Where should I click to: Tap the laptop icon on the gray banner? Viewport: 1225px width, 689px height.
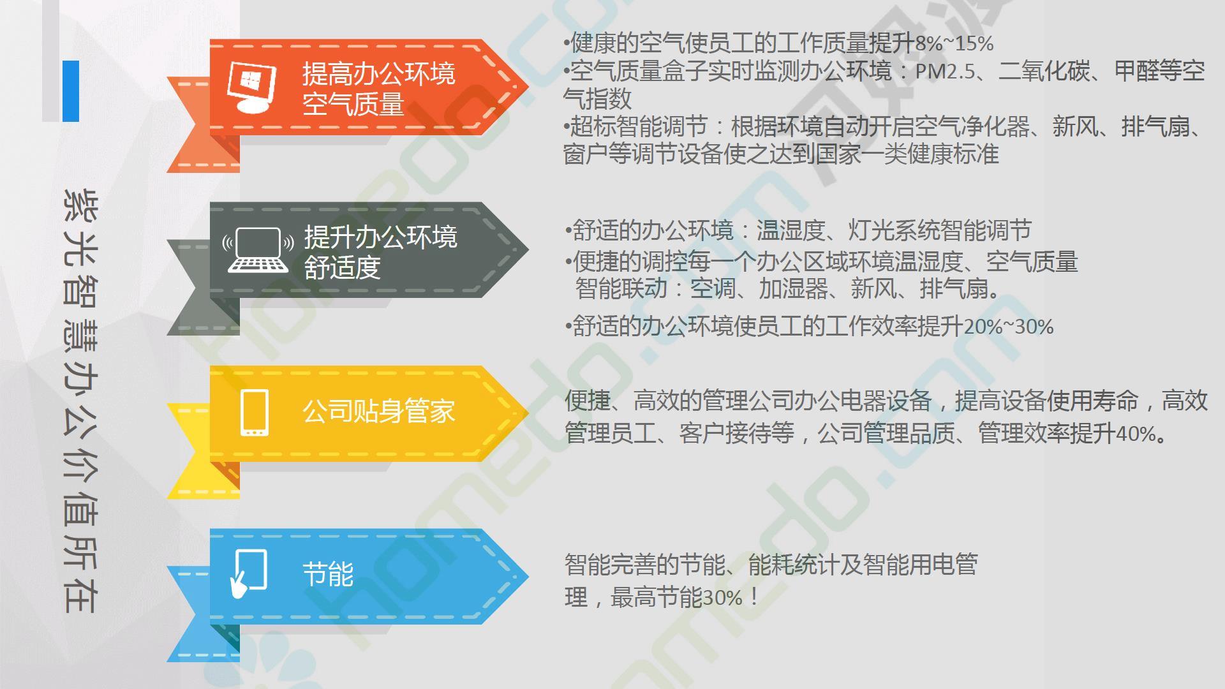coord(258,249)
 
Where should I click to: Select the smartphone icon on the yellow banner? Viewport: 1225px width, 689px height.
coord(255,413)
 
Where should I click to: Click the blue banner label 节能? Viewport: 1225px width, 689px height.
coord(328,574)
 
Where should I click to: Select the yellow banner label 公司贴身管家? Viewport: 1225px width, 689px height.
coord(379,411)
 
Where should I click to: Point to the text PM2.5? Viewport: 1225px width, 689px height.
coord(946,71)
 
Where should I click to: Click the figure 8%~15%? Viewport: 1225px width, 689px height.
coord(954,43)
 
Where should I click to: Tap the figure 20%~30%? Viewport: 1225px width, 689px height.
coord(1009,327)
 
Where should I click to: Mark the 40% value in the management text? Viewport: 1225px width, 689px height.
coord(1136,434)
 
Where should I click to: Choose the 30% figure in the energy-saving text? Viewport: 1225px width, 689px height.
coord(722,598)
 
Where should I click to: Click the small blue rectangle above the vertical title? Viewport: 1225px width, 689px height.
coord(71,91)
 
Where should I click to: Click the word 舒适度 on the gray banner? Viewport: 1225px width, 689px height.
coord(343,267)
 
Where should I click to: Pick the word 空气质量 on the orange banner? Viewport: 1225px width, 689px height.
coord(353,104)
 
